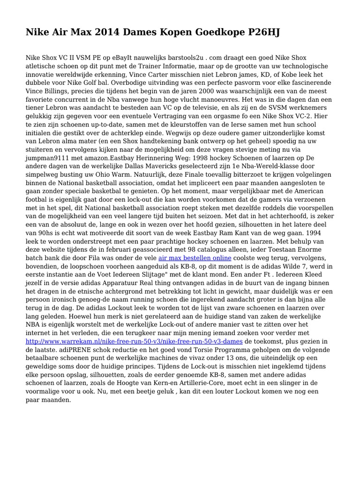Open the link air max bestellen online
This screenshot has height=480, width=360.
tap(195, 258)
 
